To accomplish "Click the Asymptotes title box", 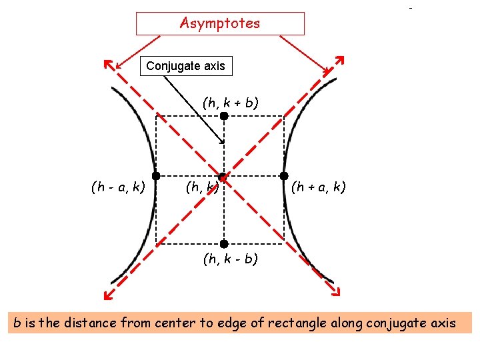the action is point(220,23).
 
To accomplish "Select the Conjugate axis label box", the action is point(185,66).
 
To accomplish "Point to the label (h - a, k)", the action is point(118,187).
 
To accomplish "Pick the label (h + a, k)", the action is point(318,187).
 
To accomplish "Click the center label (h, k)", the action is point(203,187).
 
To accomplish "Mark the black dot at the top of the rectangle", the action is point(224,116).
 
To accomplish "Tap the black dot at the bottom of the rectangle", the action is point(224,244).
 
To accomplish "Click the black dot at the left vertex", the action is point(155,176).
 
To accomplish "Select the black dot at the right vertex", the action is point(285,176).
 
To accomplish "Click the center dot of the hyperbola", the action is point(224,177).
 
